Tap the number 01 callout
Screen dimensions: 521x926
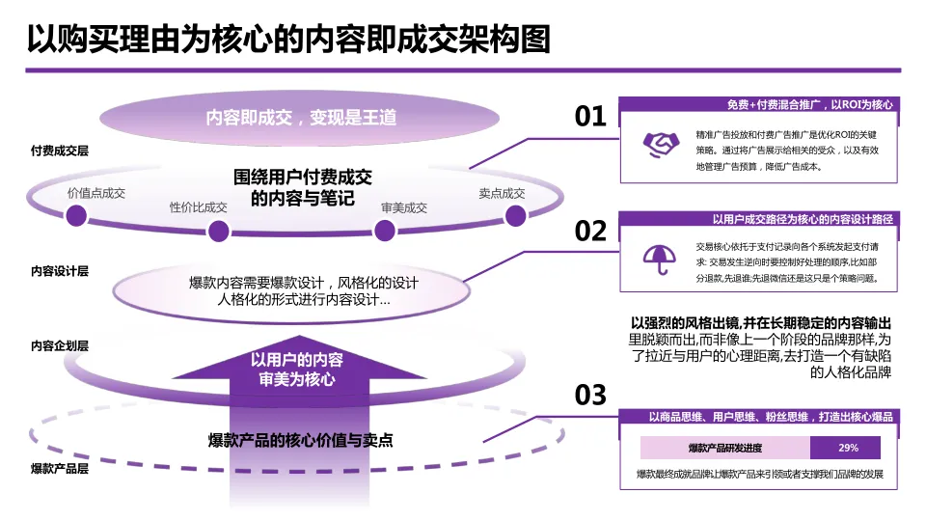(590, 117)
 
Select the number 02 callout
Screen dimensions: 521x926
(590, 232)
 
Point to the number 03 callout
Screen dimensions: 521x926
(590, 395)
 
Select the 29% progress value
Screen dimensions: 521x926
(848, 448)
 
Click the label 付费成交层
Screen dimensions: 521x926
(60, 151)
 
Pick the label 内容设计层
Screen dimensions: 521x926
(60, 272)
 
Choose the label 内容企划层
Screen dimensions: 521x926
(60, 345)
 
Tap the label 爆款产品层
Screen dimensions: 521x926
(60, 469)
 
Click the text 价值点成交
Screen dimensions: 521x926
(96, 193)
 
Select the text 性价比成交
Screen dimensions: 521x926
(199, 207)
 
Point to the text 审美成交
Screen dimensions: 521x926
(404, 207)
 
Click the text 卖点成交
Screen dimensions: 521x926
(502, 193)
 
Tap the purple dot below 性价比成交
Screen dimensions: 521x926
(219, 231)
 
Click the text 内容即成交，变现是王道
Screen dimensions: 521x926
(301, 118)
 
